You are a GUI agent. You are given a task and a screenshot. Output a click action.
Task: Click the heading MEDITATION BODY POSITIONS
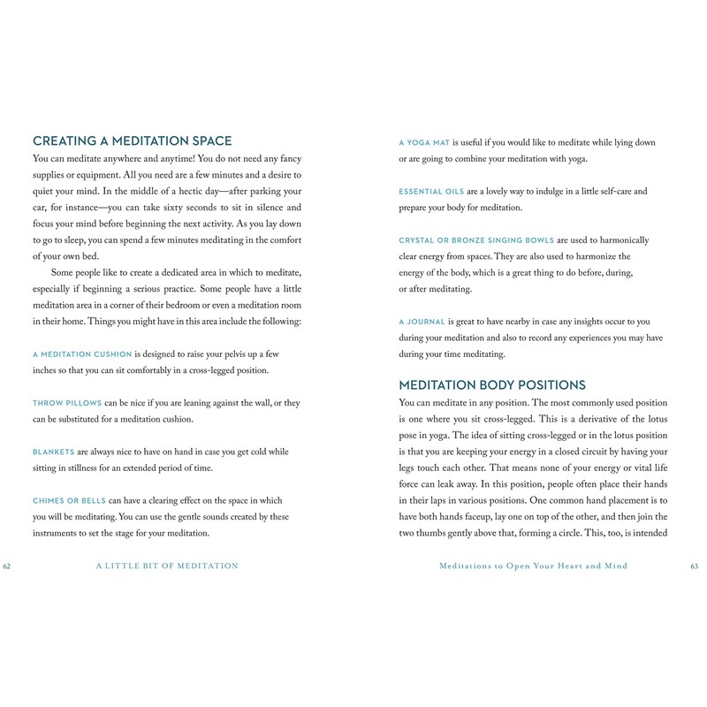[x=492, y=385]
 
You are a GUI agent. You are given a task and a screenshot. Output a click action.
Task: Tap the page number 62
[x=8, y=566]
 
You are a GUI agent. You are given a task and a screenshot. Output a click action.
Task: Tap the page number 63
[x=694, y=566]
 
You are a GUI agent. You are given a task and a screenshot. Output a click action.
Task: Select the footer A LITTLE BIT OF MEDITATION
[x=167, y=566]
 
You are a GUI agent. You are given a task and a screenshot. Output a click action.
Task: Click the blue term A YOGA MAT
[x=424, y=142]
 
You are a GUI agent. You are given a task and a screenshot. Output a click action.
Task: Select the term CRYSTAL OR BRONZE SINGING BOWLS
[x=475, y=240]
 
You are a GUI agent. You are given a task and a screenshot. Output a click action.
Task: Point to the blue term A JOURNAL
[x=422, y=322]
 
